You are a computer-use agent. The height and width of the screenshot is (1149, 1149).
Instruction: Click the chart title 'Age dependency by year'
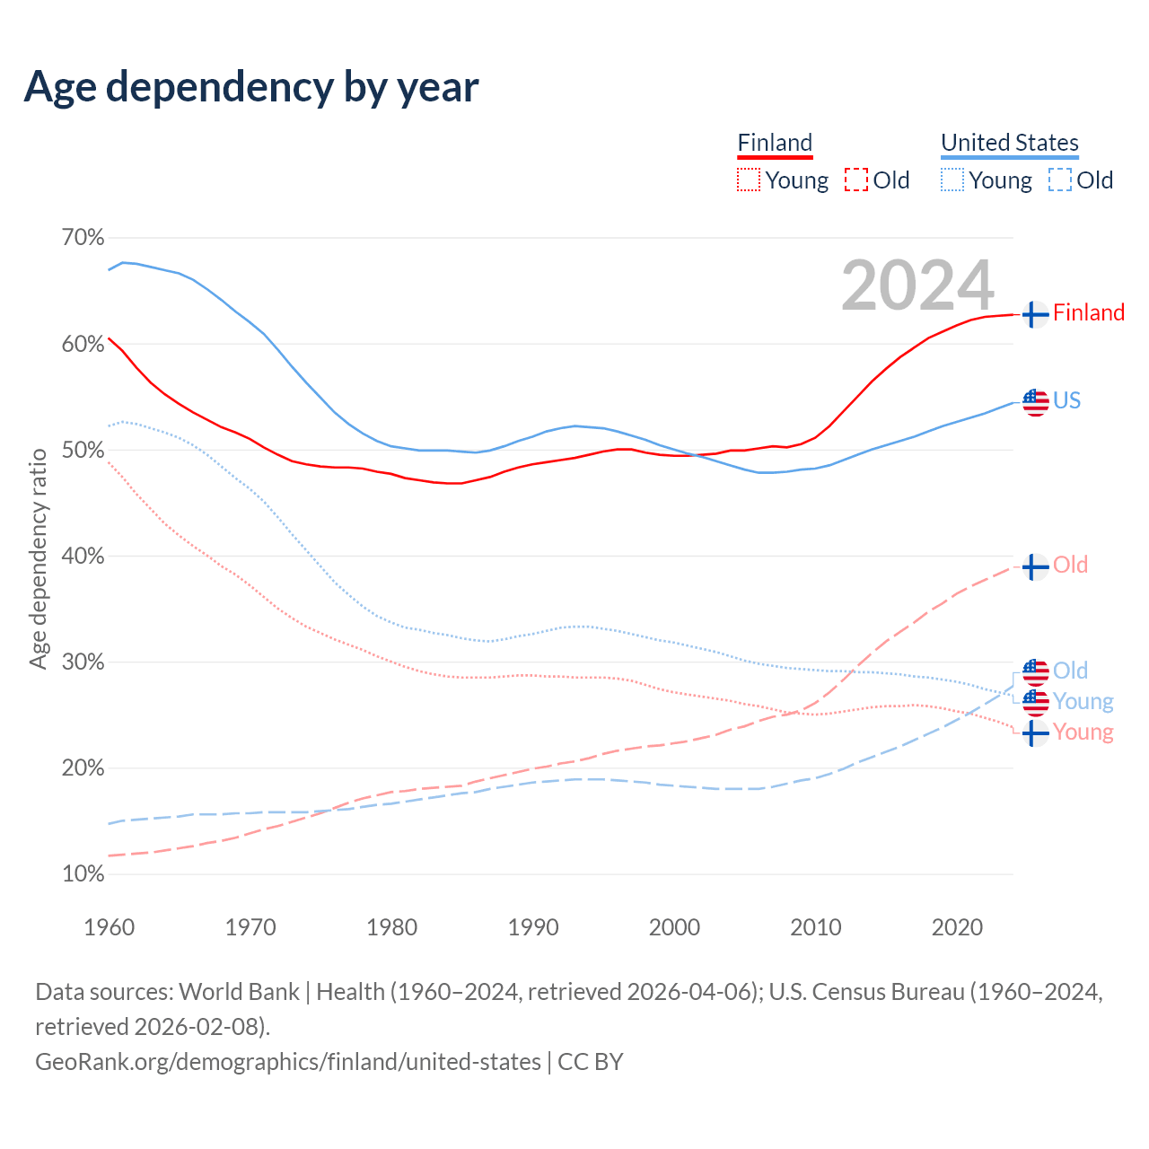click(251, 87)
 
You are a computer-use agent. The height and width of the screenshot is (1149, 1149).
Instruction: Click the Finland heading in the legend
click(775, 143)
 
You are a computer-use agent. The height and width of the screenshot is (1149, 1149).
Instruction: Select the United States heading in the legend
click(1009, 143)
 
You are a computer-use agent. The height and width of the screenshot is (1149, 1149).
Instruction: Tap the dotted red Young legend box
click(748, 180)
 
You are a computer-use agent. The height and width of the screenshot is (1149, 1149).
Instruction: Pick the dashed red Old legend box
click(856, 180)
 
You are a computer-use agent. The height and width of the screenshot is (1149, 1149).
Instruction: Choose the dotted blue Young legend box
click(952, 180)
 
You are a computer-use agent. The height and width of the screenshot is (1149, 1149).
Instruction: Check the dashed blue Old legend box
click(1060, 180)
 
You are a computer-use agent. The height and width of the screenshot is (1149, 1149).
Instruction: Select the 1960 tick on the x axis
click(109, 927)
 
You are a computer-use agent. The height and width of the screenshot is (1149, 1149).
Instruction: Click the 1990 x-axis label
click(533, 927)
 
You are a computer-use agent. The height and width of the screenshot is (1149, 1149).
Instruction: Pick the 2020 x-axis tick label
click(957, 927)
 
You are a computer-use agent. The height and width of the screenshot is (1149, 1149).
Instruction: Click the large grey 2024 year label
click(917, 285)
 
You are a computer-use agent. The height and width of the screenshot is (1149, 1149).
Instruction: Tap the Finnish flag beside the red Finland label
click(1035, 314)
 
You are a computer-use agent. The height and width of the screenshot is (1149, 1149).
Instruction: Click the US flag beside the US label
click(1035, 402)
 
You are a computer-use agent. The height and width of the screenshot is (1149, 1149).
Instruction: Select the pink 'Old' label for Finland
click(1070, 566)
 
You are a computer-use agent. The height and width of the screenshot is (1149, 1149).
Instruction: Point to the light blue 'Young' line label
click(1083, 701)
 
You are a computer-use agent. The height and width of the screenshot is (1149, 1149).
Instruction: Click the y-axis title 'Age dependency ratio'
click(39, 559)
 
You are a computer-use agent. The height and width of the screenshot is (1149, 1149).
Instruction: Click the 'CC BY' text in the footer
click(591, 1062)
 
